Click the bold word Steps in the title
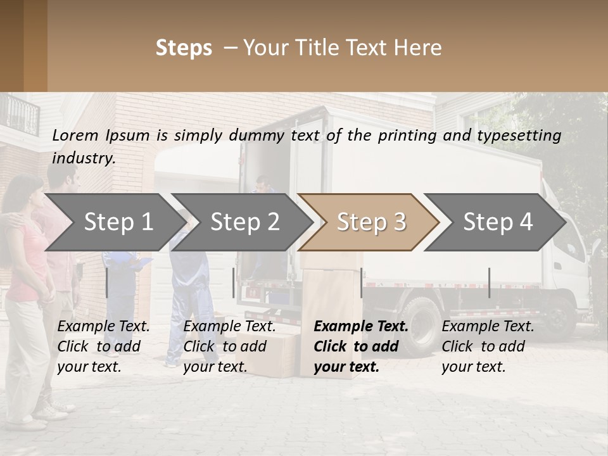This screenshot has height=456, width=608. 184,48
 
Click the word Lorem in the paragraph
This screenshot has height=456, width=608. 75,135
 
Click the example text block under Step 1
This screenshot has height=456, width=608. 103,346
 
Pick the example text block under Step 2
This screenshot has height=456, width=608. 229,346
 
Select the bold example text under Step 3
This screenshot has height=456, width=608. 360,346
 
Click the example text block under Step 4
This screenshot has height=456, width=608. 488,346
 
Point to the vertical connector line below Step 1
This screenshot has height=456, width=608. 106,282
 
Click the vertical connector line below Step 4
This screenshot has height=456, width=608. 489,282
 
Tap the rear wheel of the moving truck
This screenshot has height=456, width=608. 421,323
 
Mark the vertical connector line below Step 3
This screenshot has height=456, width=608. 361,282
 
